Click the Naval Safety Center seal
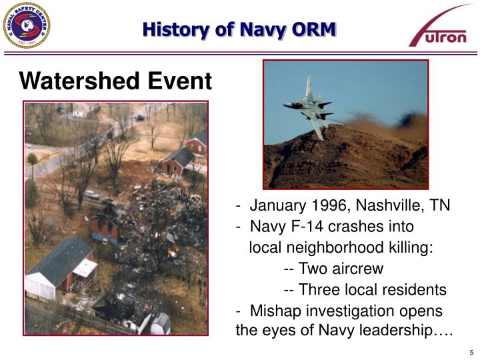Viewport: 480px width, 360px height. click(x=26, y=25)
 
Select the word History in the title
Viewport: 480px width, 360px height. click(x=167, y=29)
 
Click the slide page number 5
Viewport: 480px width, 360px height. click(x=471, y=352)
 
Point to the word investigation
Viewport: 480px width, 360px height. click(x=339, y=311)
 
